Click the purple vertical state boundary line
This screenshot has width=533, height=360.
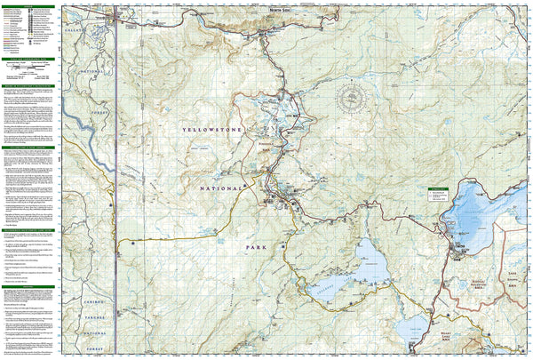pyautogui.click(x=118, y=178)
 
